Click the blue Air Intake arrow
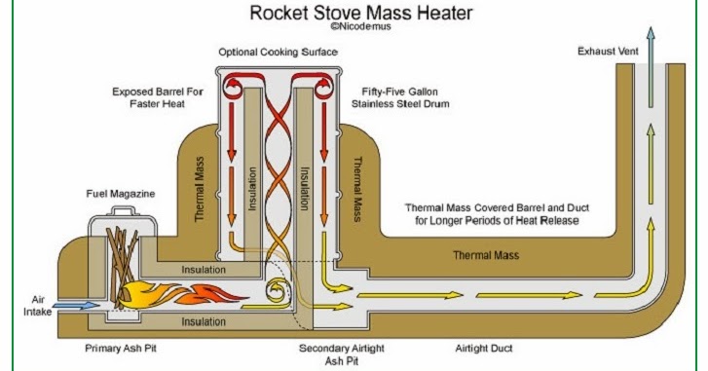pos(79,306)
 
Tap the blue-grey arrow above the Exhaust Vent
pos(651,67)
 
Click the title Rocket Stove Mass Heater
pos(361,13)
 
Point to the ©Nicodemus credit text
pos(360,26)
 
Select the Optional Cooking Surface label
pos(279,52)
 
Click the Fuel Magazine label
pos(121,194)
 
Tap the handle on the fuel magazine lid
pos(123,210)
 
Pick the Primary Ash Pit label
pos(121,349)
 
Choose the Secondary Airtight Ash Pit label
pos(342,354)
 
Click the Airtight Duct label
pos(484,349)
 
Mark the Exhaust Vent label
pos(609,52)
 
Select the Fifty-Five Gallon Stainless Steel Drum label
pos(400,97)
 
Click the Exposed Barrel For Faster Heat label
pos(158,97)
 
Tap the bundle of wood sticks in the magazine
pos(121,267)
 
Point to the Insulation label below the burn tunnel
pos(204,321)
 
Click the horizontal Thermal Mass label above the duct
pos(486,255)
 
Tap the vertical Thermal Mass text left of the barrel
pos(199,189)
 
